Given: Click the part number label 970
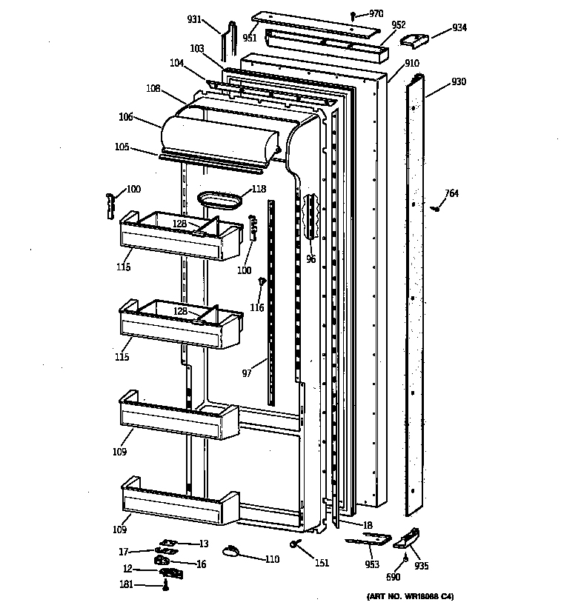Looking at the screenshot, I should pyautogui.click(x=376, y=13).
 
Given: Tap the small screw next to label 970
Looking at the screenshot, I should pyautogui.click(x=355, y=15).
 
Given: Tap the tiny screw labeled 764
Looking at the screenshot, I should pyautogui.click(x=437, y=208).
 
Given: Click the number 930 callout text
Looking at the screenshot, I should pyautogui.click(x=459, y=81).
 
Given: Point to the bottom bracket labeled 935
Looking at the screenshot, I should pyautogui.click(x=409, y=537).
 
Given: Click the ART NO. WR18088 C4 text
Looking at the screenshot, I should pyautogui.click(x=410, y=597).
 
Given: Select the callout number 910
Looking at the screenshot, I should pyautogui.click(x=411, y=64).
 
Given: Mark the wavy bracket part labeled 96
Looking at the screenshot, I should pyautogui.click(x=311, y=218).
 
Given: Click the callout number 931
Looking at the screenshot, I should pyautogui.click(x=193, y=19).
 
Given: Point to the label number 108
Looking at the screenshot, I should pyautogui.click(x=153, y=89).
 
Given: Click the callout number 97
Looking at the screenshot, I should pyautogui.click(x=247, y=373).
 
